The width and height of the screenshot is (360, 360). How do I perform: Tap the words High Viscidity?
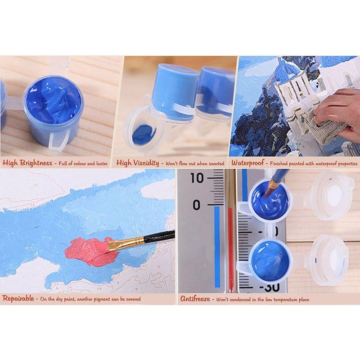[x=138, y=163]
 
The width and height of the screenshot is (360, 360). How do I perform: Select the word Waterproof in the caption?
[x=247, y=163]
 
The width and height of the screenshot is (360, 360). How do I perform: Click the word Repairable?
[x=18, y=298]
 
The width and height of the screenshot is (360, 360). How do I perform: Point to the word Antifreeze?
[x=196, y=298]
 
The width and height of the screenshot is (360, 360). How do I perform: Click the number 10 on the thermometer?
[x=197, y=178]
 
